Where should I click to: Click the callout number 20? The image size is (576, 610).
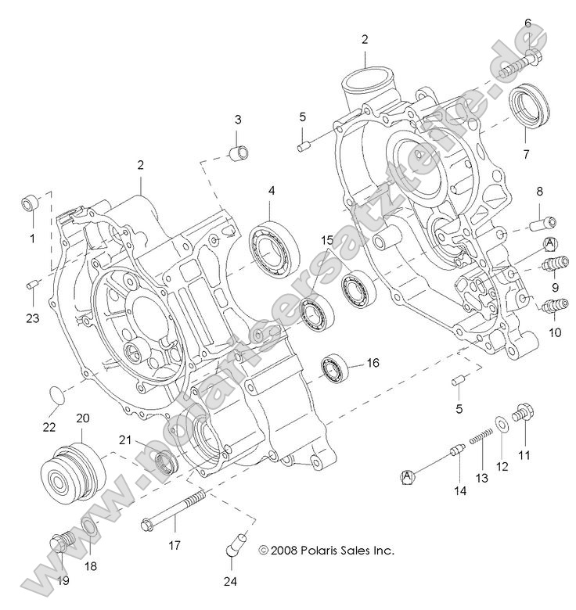83,418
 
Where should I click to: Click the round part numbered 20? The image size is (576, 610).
71,474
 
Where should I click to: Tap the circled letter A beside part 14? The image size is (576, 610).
407,475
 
